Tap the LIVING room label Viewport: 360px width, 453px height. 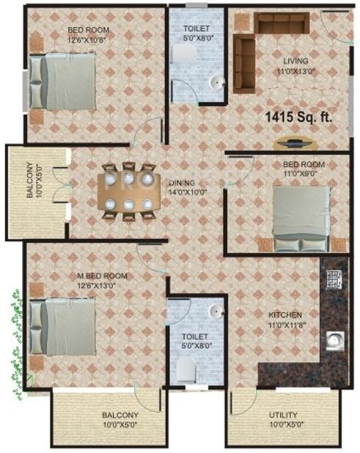click(x=295, y=61)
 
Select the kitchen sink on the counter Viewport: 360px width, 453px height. click(x=336, y=341)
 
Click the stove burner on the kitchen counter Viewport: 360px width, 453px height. click(x=335, y=281)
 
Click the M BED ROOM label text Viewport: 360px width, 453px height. click(x=103, y=276)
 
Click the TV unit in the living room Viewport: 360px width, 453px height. click(x=296, y=141)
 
